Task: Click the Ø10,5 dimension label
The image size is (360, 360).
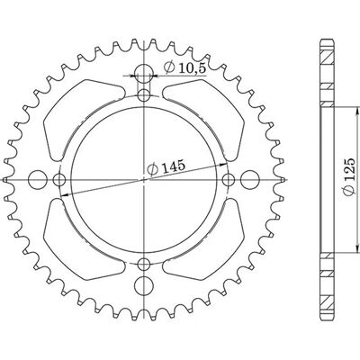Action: coord(184,67)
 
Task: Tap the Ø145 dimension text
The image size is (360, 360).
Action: coord(166,167)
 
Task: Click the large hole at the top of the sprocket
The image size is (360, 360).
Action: coord(144,73)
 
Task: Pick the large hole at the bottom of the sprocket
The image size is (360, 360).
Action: coord(144,285)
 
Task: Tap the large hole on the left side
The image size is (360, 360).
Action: coord(38,180)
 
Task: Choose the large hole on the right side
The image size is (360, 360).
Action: coord(249,180)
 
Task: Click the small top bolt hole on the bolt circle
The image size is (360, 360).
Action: coord(144,95)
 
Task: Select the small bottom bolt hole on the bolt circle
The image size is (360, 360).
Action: coord(144,264)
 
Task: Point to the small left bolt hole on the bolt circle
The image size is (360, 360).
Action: coord(59,180)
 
